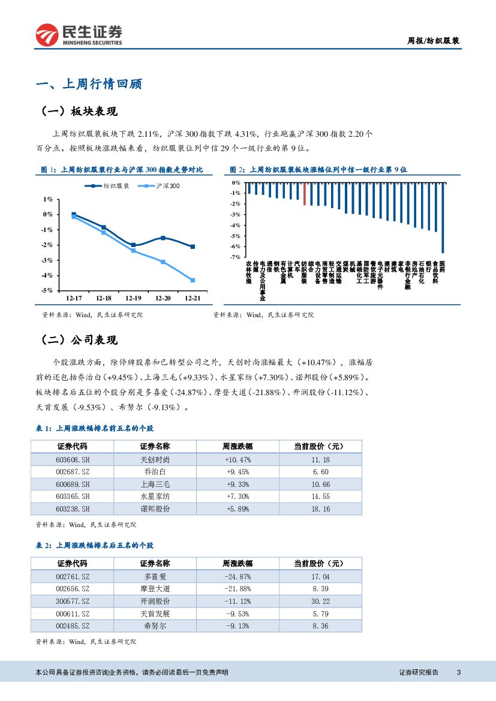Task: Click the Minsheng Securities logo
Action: (x=79, y=35)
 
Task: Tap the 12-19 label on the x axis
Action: (x=133, y=298)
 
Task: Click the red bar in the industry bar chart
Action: (x=305, y=194)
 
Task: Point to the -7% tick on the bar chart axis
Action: (x=236, y=257)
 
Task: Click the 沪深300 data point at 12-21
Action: (x=193, y=280)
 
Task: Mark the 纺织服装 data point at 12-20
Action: (x=163, y=238)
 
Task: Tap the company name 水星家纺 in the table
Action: (x=155, y=497)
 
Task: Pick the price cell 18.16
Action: (x=320, y=509)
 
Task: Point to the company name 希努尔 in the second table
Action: (x=155, y=626)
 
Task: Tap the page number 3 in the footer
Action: (x=458, y=673)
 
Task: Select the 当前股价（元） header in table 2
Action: (x=320, y=564)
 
